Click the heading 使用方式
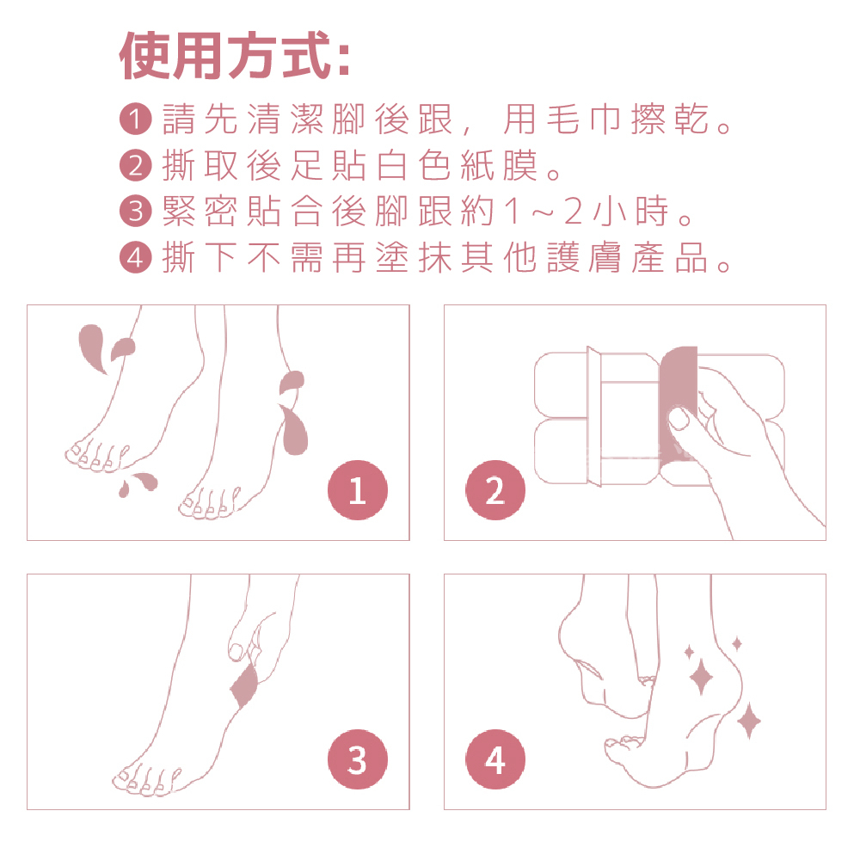(234, 55)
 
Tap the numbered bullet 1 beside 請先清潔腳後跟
(135, 119)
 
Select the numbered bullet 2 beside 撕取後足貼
(135, 165)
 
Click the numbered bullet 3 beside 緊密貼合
(135, 212)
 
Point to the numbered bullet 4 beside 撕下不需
(135, 257)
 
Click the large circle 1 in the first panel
(358, 490)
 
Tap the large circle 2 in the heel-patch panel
(495, 490)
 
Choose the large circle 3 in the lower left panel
(358, 759)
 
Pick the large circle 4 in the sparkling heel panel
(495, 759)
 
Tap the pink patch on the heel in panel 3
(244, 685)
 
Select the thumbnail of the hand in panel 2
(679, 419)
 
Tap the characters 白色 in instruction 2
(413, 165)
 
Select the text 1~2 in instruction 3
(543, 212)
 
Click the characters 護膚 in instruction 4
(584, 257)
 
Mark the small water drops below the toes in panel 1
(138, 484)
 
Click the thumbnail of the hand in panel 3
(236, 652)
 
